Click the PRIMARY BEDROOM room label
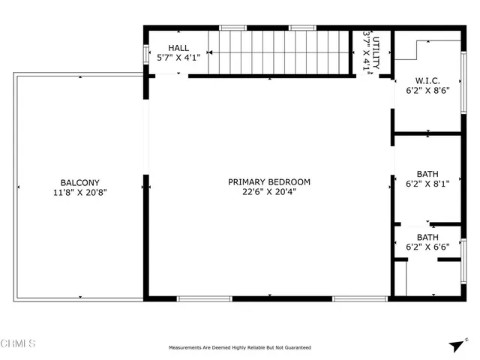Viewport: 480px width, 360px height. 269,182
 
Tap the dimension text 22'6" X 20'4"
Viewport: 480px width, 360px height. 269,193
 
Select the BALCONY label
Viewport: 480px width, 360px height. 78,182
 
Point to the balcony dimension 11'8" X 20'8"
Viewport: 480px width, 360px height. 78,193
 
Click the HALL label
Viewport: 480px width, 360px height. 178,47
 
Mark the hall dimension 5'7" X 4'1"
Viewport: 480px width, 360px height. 178,58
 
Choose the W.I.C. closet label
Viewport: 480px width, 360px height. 427,81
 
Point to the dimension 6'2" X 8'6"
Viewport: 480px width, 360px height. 427,91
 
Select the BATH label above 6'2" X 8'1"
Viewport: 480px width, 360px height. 427,172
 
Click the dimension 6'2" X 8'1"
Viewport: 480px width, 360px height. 427,183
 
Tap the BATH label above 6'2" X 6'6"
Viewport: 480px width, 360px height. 427,236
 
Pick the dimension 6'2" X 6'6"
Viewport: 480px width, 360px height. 427,247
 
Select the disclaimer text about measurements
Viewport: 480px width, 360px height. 240,347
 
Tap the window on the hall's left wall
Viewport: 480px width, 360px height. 146,56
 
